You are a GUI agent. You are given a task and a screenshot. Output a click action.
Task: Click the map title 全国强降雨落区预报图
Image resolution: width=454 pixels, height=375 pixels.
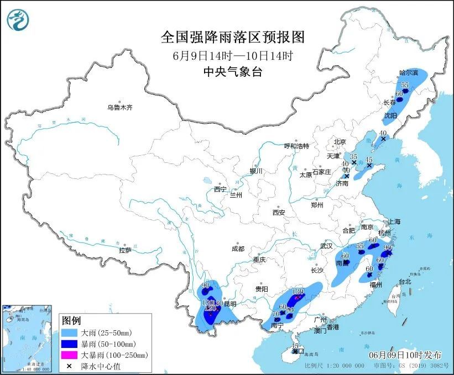point(233,37)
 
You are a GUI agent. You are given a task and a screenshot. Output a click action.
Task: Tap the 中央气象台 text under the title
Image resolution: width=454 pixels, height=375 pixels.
point(232,71)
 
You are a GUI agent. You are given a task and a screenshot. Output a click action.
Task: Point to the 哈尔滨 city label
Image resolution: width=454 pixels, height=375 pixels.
point(409,72)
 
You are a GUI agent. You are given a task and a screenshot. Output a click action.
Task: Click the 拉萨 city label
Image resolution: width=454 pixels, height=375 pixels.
point(124,250)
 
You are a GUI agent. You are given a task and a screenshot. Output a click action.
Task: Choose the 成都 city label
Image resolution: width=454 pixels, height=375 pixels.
point(238,249)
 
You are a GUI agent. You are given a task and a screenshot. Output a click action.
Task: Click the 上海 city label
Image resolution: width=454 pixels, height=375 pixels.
point(394,221)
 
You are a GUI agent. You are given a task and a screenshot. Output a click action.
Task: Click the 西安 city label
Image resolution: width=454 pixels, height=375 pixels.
point(278,212)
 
